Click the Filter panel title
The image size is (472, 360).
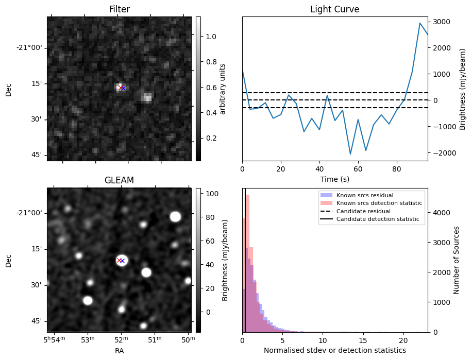[x=119, y=9]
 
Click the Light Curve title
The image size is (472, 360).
[x=334, y=9]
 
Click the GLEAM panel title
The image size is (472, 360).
[x=119, y=180]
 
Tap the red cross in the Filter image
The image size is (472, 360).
[x=120, y=88]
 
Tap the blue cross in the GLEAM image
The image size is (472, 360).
[x=123, y=261]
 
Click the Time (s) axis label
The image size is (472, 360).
[x=334, y=179]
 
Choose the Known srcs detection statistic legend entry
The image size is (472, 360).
[x=379, y=203]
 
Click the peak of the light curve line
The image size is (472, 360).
[x=420, y=23]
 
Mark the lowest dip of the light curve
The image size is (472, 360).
[x=350, y=154]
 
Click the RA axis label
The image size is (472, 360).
[x=119, y=351]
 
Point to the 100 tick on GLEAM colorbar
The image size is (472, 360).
[x=210, y=194]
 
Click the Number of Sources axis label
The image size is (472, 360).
[x=457, y=260]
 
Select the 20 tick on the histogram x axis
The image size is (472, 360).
[x=403, y=340]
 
